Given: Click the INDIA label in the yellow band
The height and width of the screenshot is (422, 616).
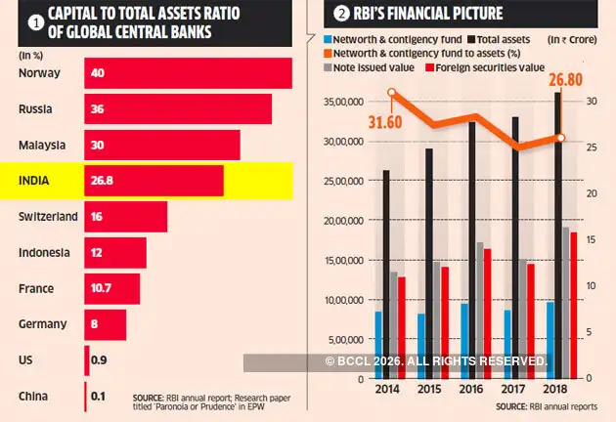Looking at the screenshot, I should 38,181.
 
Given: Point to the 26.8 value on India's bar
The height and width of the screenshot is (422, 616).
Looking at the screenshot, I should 102,181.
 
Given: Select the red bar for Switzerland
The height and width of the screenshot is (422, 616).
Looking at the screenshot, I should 126,217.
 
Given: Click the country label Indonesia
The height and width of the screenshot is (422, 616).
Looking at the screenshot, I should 44,253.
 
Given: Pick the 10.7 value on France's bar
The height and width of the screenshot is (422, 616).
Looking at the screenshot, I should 102,289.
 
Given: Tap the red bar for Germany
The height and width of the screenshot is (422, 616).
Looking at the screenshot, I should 106,324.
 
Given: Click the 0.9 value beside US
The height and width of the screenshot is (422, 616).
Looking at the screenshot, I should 98,360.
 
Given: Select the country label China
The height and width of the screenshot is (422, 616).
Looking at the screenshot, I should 34,396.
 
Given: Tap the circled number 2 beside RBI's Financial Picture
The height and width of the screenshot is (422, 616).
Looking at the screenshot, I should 341,13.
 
